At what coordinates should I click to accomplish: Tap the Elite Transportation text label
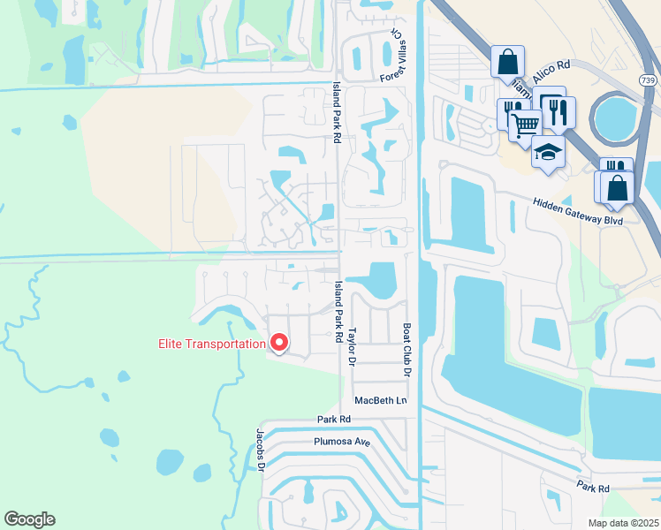pyautogui.click(x=212, y=344)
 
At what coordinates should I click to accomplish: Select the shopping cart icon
pyautogui.click(x=525, y=127)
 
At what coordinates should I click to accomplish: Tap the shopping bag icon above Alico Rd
pyautogui.click(x=507, y=63)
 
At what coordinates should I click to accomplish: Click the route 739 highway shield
pyautogui.click(x=648, y=79)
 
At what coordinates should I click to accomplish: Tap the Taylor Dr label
pyautogui.click(x=351, y=337)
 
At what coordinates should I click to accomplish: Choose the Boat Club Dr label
pyautogui.click(x=407, y=349)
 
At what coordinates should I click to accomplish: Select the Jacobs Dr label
pyautogui.click(x=262, y=451)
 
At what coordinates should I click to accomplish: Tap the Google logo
pyautogui.click(x=29, y=519)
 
